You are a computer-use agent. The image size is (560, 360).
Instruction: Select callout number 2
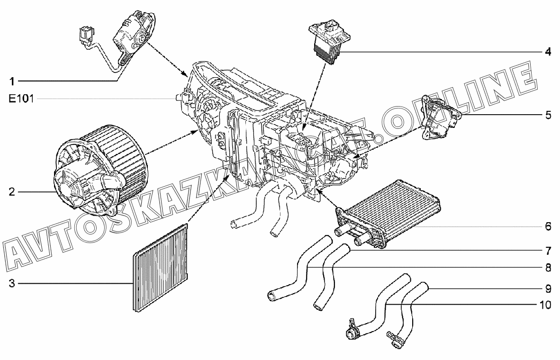click(12, 192)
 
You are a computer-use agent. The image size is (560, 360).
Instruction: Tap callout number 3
click(12, 284)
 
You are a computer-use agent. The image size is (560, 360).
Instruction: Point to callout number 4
click(547, 52)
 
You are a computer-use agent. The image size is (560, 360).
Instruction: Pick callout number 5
click(547, 115)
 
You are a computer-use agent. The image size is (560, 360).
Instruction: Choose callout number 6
click(547, 226)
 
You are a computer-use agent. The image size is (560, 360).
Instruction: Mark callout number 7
click(547, 250)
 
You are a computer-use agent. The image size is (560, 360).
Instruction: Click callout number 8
click(547, 268)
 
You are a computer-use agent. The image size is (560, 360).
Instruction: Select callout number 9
click(547, 288)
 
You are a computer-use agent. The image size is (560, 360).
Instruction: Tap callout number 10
click(545, 305)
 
